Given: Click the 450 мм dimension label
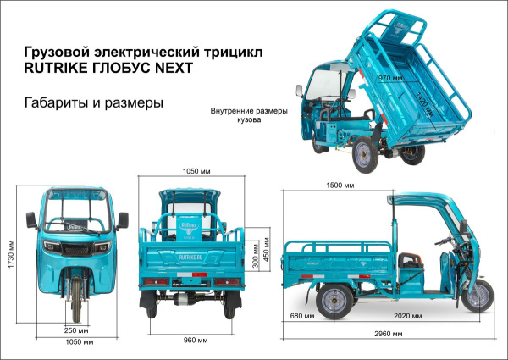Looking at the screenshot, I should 268,254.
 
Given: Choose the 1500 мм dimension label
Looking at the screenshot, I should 340,185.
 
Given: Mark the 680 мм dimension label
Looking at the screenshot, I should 301,315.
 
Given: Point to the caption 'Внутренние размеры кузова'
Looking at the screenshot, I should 249,115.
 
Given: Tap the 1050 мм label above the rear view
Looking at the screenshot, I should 196,170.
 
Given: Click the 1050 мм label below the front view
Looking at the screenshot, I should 77,342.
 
